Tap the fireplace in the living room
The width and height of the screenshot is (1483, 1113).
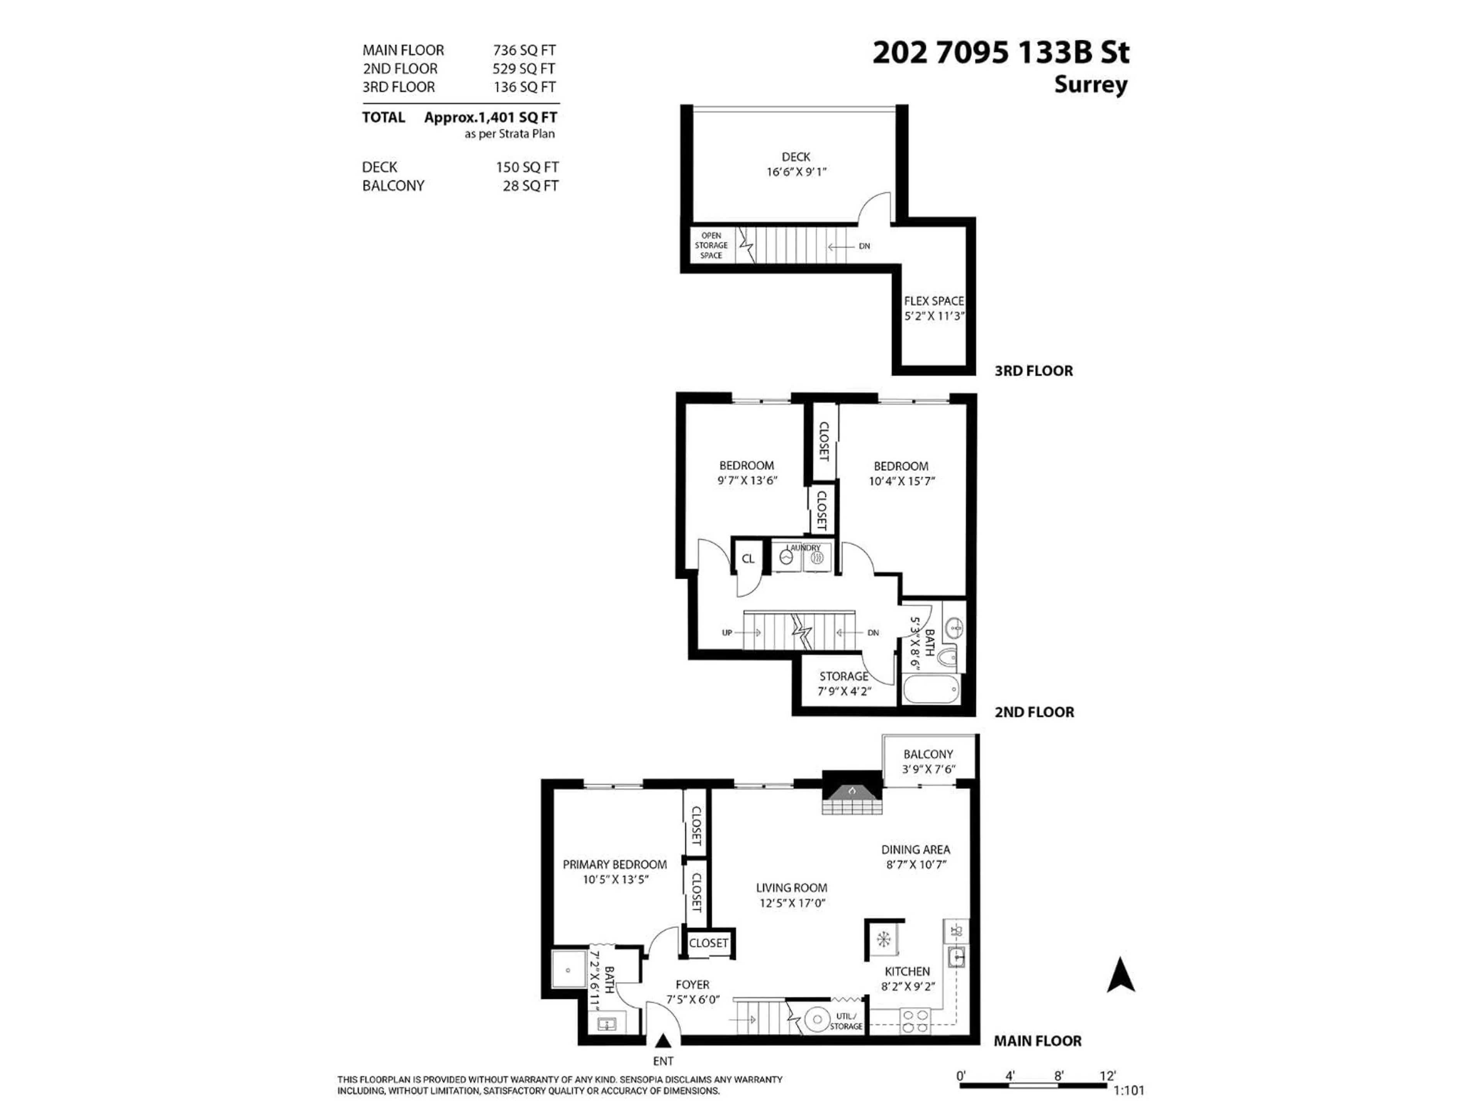[852, 794]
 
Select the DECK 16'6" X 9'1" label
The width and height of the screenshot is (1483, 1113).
[796, 164]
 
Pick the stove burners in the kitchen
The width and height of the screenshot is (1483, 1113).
[915, 1020]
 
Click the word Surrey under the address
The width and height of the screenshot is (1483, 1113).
[1090, 85]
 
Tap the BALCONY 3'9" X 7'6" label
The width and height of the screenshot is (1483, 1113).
[928, 761]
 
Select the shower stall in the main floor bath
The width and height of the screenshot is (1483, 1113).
[568, 969]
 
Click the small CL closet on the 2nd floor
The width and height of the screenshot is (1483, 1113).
[748, 558]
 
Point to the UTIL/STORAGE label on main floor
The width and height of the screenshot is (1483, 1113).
[845, 1021]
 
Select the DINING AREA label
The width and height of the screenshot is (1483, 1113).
[915, 850]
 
